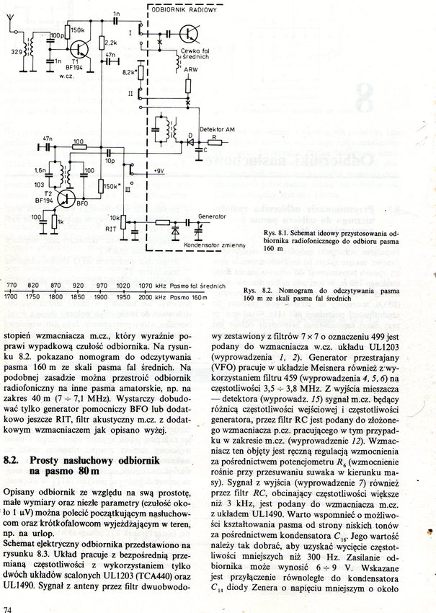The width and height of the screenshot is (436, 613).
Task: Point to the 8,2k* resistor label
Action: [129, 73]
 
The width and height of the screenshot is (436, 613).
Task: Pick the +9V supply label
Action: [159, 171]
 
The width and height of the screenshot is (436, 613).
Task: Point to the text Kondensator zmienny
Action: [215, 246]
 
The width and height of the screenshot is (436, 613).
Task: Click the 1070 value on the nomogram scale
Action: [146, 286]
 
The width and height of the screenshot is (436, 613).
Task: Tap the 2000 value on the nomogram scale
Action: [146, 296]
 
